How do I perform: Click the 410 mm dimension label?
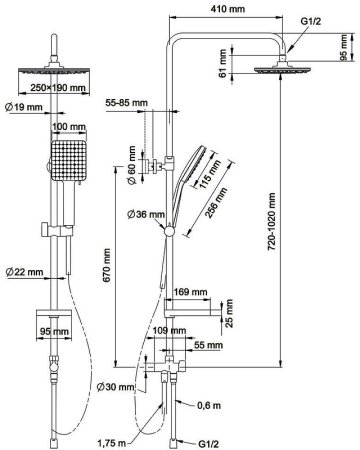(228, 9)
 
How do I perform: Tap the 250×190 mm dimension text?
(58, 88)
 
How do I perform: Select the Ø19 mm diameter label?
(24, 107)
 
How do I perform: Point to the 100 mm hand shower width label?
(69, 127)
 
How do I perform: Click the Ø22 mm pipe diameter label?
(24, 272)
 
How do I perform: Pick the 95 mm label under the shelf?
(54, 332)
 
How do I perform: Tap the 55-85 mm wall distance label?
(126, 102)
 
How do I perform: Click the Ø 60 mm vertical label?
(132, 165)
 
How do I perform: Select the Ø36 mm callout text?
(146, 214)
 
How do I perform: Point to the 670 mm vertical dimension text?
(107, 265)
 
